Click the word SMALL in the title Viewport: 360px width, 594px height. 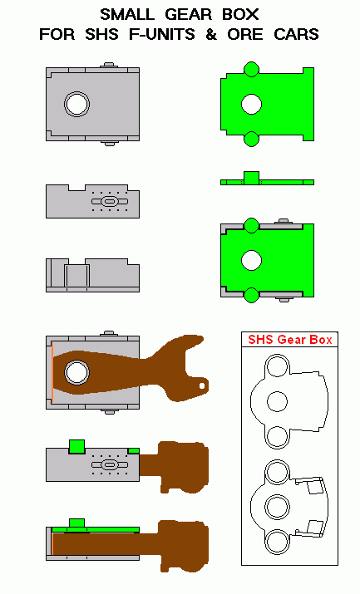tap(127, 15)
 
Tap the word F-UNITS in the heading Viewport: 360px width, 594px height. tap(162, 34)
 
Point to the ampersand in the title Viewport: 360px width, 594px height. tap(211, 34)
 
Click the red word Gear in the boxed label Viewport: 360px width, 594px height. tap(292, 340)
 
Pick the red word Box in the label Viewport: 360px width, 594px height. tap(321, 340)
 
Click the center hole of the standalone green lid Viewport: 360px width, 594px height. tap(251, 104)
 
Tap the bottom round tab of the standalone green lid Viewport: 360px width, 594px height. tap(251, 139)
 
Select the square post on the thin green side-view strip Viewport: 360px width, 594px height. tap(251, 177)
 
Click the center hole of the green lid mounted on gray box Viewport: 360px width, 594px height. tap(251, 260)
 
